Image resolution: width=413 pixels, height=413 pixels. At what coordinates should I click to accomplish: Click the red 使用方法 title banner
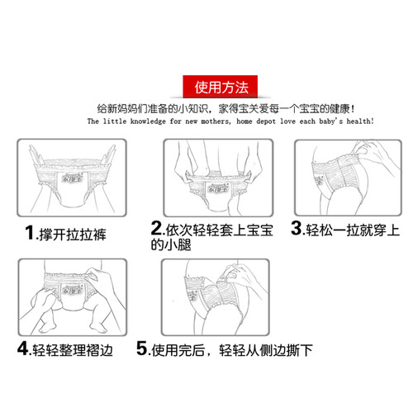221,87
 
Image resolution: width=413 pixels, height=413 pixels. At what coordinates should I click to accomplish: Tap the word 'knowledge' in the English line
148,121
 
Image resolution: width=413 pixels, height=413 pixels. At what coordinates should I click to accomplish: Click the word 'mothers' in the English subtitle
216,121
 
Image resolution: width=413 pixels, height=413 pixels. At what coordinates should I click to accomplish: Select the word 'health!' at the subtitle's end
360,121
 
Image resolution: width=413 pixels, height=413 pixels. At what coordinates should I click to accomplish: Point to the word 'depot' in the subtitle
266,121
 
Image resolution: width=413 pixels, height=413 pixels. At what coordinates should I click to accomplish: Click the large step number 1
30,233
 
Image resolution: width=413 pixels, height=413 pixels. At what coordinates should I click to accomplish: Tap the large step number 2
157,228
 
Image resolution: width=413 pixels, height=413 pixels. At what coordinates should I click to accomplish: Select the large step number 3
297,228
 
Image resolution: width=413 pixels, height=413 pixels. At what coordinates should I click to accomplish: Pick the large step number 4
22,348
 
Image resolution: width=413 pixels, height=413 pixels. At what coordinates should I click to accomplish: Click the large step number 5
142,348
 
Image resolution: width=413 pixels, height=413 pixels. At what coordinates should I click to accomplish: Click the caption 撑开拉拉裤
73,235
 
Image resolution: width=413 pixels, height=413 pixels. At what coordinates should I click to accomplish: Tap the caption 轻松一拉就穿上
353,230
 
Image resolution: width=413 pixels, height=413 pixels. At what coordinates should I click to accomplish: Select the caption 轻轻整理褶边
73,350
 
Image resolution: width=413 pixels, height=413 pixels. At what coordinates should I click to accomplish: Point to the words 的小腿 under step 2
171,244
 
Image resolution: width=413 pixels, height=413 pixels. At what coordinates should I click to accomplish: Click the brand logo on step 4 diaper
72,289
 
